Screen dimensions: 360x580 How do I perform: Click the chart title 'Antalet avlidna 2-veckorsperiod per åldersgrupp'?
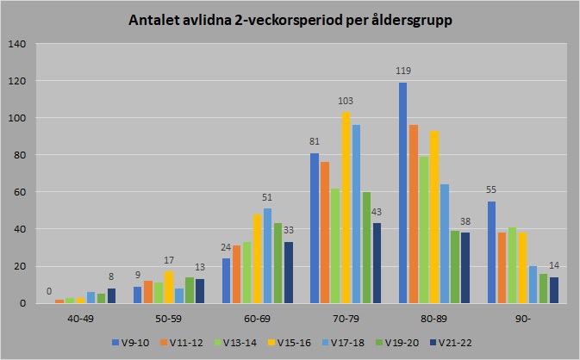pyautogui.click(x=290, y=19)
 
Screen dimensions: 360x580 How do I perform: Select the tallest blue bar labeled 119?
pyautogui.click(x=403, y=193)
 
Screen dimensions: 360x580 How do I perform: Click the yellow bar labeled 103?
pyautogui.click(x=346, y=208)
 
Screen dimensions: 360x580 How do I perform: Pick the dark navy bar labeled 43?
pyautogui.click(x=377, y=264)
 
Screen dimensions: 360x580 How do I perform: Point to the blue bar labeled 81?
pyautogui.click(x=315, y=228)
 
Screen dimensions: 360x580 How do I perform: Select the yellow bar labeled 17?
pyautogui.click(x=169, y=288)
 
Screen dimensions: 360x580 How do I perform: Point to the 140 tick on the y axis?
pyautogui.click(x=18, y=44)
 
